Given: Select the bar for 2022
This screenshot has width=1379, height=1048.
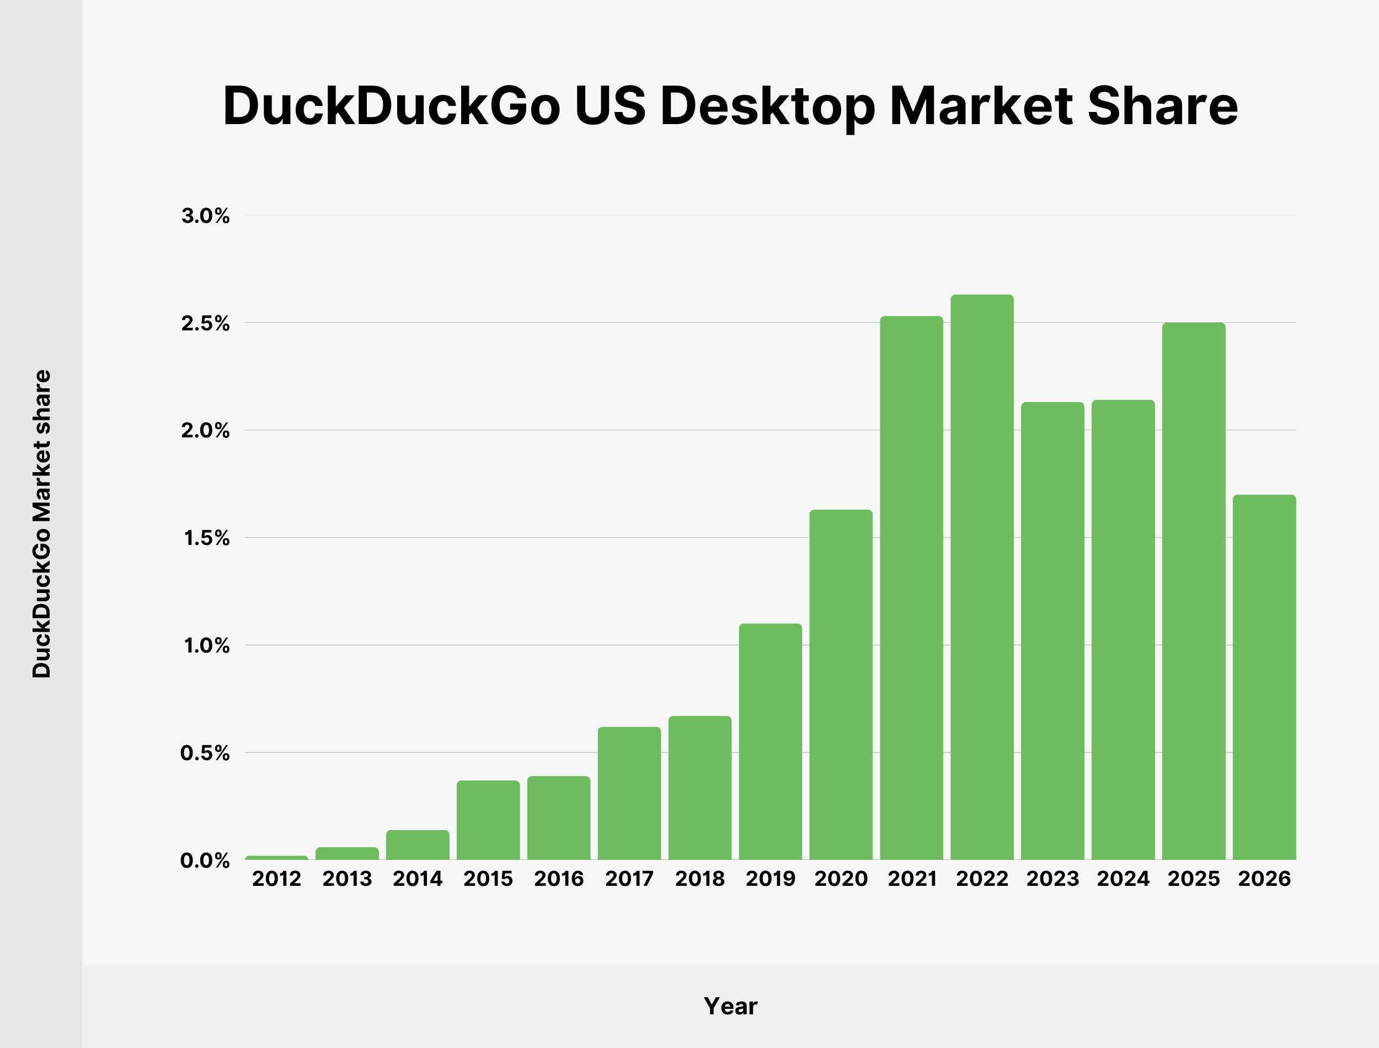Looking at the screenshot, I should [x=982, y=577].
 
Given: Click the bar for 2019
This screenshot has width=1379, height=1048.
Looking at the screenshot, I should [x=770, y=742].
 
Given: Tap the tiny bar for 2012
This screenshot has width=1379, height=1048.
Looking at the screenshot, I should [x=276, y=858].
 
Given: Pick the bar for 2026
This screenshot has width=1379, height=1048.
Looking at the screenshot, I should [x=1264, y=677].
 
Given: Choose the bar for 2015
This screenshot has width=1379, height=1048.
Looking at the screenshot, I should [x=488, y=820].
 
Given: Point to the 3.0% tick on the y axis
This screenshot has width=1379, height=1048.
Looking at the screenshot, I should [x=205, y=216].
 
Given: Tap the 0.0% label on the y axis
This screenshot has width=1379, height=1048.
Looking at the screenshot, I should [x=205, y=861].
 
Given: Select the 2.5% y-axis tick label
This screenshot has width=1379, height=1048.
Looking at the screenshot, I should [x=205, y=324].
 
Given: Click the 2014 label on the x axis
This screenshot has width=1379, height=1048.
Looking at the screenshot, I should [x=417, y=879].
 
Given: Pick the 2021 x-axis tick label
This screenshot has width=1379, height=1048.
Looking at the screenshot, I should [x=912, y=879].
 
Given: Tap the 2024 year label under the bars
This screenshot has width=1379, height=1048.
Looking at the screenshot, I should [x=1123, y=879].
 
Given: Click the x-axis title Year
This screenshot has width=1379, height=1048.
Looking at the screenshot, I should [x=730, y=1006].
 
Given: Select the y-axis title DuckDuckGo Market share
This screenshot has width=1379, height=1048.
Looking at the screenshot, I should [x=42, y=524].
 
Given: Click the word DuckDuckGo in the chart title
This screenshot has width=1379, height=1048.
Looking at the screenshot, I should [x=391, y=106].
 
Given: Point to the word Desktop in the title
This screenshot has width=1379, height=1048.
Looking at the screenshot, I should [x=768, y=106].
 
